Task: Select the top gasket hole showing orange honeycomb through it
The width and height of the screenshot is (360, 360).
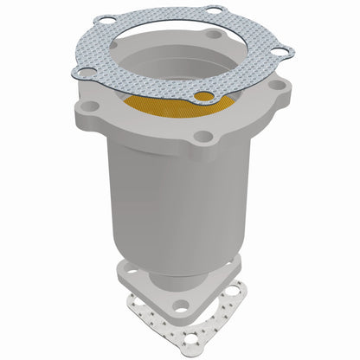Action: pyautogui.click(x=204, y=96)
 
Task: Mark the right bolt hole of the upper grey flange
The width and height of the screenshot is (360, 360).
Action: pyautogui.click(x=280, y=87)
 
